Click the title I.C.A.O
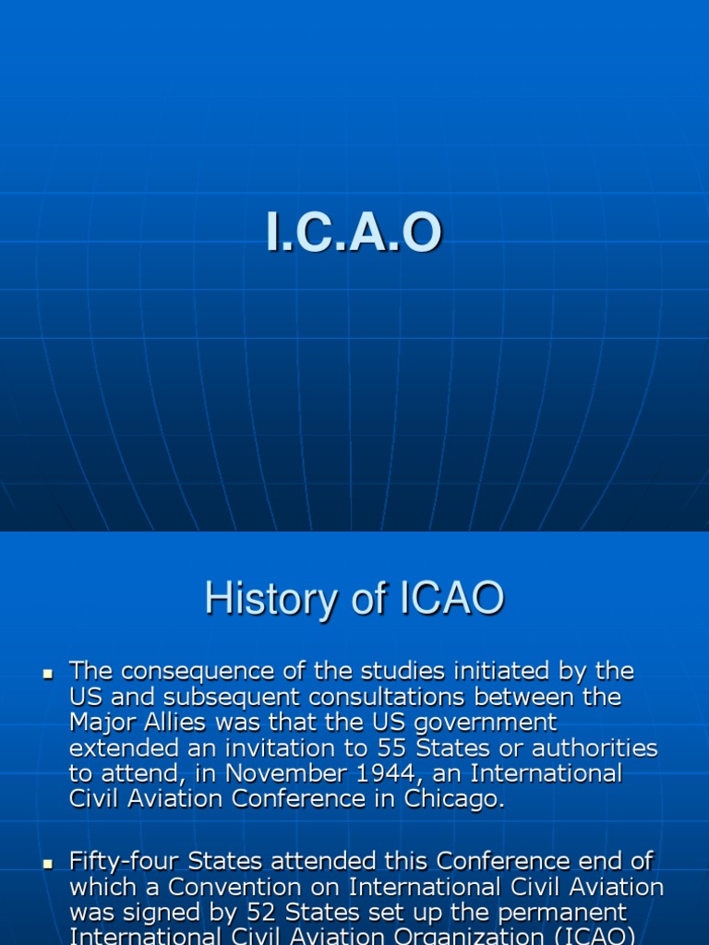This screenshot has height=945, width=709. click(354, 234)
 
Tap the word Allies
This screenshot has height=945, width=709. click(173, 722)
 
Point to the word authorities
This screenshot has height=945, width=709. click(595, 748)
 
